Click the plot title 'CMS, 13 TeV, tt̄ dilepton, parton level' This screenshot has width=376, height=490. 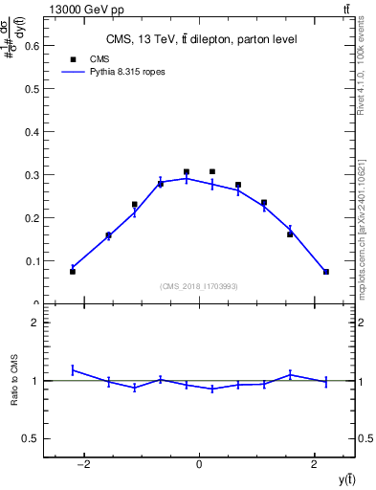200,39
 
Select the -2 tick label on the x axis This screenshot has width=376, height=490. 84,465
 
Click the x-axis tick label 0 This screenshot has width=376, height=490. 199,465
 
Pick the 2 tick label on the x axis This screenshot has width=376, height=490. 315,465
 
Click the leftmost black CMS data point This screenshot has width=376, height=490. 73,272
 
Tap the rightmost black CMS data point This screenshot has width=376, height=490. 326,272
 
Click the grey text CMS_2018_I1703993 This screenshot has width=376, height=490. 199,286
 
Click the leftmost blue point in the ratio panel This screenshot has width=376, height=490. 73,369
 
